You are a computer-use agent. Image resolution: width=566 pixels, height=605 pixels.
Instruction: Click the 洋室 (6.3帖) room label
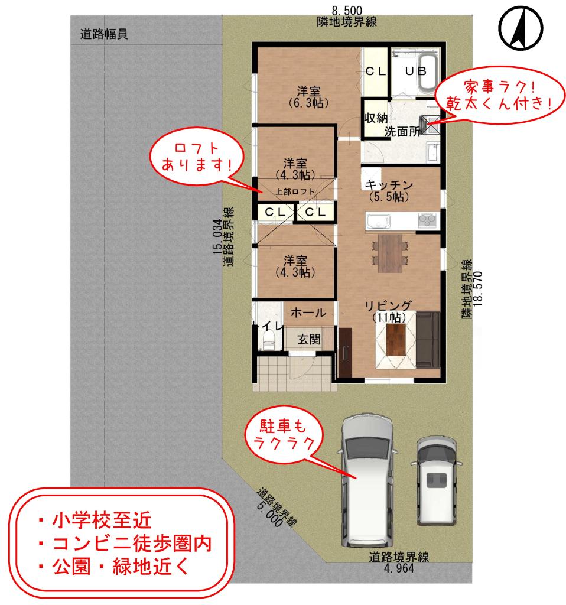tap(308, 97)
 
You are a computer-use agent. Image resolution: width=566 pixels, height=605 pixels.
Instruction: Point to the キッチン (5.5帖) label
tap(389, 189)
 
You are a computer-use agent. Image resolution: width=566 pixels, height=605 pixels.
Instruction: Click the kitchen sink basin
tap(378, 222)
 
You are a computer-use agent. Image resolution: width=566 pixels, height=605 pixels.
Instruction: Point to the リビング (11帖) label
tap(388, 311)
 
